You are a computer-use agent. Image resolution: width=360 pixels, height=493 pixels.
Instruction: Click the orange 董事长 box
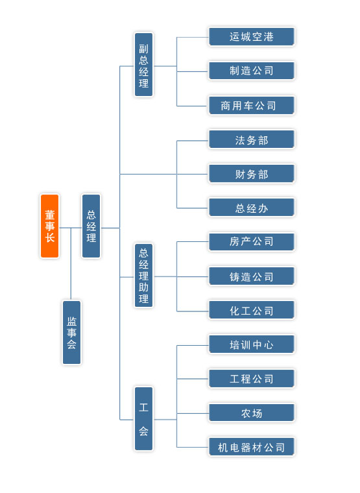click(x=50, y=226)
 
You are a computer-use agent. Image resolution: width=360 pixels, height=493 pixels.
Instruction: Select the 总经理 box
click(x=91, y=226)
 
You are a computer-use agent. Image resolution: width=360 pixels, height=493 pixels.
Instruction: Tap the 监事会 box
click(x=72, y=332)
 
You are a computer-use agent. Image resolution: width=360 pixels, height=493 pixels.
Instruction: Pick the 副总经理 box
click(x=144, y=64)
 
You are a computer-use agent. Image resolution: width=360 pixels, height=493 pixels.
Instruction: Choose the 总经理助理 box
click(x=144, y=276)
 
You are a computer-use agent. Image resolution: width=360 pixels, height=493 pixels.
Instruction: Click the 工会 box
click(x=144, y=419)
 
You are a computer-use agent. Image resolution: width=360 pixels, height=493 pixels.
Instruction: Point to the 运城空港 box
click(x=252, y=37)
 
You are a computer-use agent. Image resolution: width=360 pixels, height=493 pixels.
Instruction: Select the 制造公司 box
click(x=252, y=71)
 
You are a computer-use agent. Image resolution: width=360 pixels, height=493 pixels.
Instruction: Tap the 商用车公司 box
click(x=252, y=105)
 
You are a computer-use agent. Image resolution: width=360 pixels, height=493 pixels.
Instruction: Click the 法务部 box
click(x=252, y=139)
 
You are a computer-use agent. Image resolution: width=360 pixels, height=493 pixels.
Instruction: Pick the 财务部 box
click(x=252, y=174)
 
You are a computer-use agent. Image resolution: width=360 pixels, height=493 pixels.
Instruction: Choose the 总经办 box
click(x=252, y=208)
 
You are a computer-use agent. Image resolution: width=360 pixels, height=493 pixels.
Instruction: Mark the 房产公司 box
click(x=252, y=242)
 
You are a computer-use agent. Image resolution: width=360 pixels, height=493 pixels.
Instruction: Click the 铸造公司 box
click(x=252, y=276)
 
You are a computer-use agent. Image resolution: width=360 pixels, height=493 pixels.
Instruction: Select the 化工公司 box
click(x=252, y=310)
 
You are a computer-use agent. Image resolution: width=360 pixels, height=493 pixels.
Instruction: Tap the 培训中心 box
click(x=252, y=344)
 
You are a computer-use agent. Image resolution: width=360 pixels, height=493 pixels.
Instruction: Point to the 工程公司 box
click(x=252, y=379)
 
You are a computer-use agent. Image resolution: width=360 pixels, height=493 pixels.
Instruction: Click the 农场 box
click(x=252, y=413)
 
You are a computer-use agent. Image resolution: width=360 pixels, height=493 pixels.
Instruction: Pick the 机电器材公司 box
click(x=252, y=447)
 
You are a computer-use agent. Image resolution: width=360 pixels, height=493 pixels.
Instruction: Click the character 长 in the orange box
click(x=50, y=237)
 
